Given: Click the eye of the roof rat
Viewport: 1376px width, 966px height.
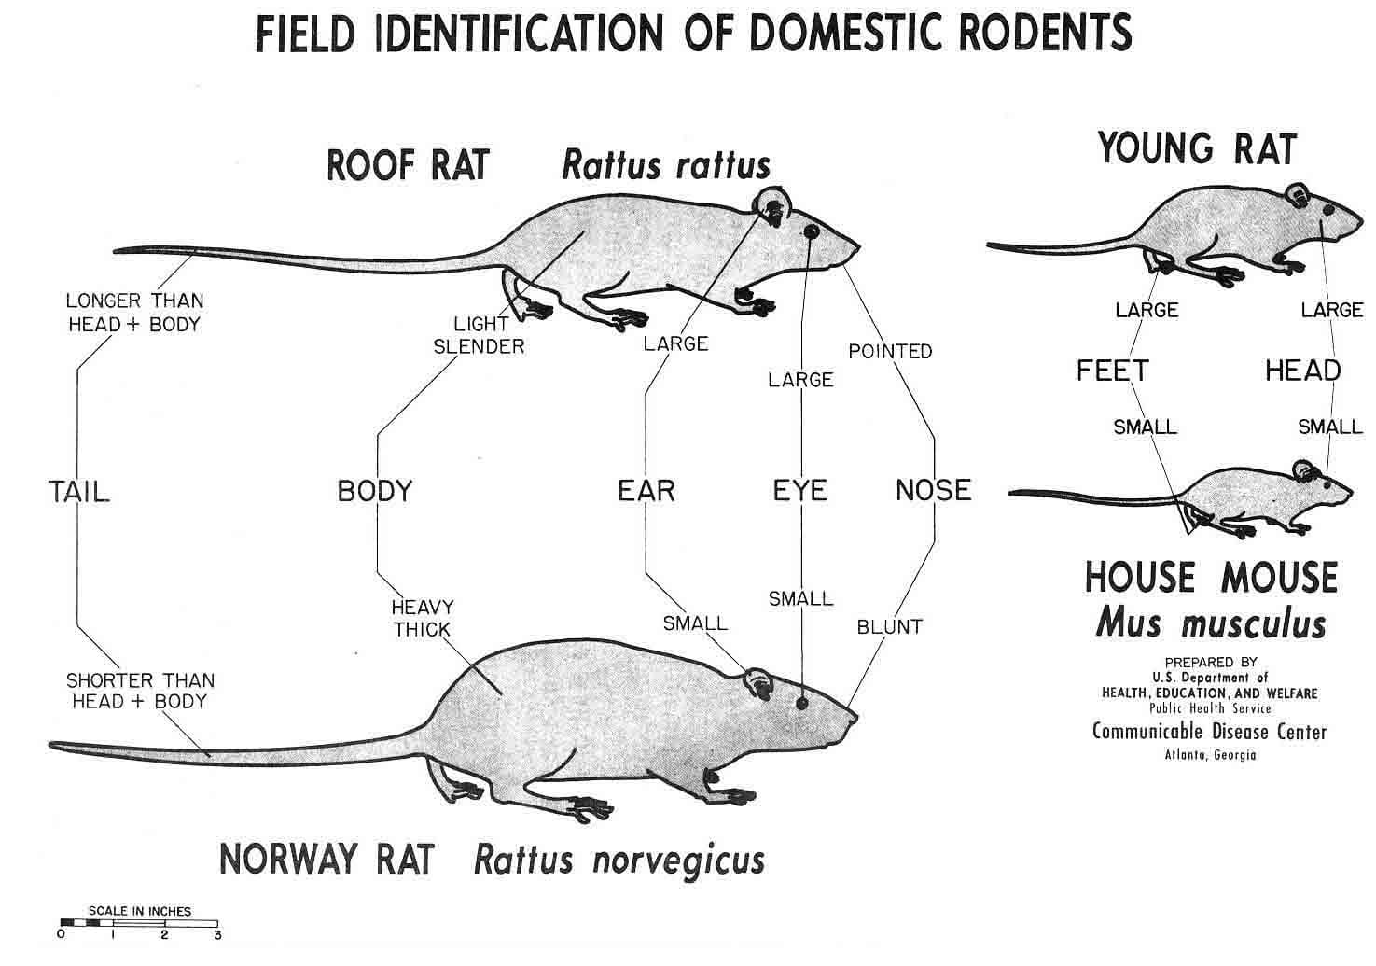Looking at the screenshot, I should (810, 230).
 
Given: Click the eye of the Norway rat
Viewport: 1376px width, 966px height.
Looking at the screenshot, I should (800, 702).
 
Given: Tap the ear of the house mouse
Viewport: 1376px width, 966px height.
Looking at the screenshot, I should (1301, 469).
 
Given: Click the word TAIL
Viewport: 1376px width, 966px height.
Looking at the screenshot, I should (78, 491).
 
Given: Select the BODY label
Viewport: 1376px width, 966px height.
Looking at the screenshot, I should (374, 491).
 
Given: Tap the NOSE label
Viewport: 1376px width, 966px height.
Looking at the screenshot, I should (933, 490).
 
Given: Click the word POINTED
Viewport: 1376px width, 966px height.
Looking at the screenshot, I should (890, 351).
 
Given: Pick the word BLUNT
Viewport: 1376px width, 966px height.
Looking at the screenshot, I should (889, 626).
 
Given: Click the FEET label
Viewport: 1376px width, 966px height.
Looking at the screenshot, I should (1112, 371).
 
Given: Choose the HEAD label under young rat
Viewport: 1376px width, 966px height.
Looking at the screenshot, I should (1302, 371).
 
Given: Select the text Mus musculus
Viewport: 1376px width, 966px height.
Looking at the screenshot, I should (1210, 623).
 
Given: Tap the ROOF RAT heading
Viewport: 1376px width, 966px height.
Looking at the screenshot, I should (408, 165).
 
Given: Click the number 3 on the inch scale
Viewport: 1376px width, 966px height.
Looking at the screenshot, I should (217, 935).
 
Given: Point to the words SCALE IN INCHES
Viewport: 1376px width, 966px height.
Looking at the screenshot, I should (140, 911).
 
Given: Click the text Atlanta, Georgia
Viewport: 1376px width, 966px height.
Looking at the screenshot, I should (1210, 755).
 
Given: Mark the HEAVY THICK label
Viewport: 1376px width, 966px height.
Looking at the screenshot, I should (422, 618).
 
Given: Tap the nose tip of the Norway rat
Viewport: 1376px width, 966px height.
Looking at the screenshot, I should (855, 717).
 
